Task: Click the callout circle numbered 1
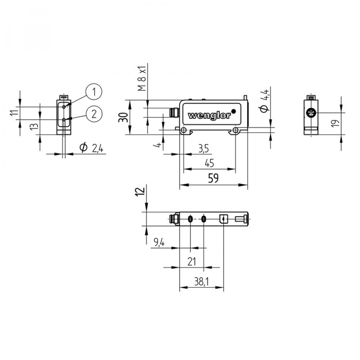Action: pos(94,92)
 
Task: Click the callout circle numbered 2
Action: pos(94,114)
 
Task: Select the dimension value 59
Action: pos(213,178)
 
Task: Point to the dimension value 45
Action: pos(209,163)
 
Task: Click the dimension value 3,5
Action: pos(204,149)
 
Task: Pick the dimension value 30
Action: pos(123,117)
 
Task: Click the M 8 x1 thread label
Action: pos(143,78)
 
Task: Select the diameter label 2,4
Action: pos(91,148)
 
